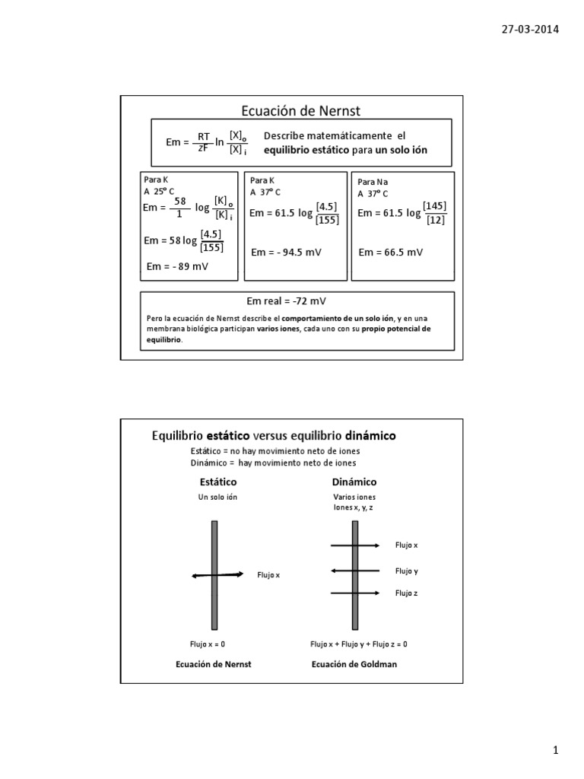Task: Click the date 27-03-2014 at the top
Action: [x=530, y=30]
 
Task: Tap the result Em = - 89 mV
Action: [x=177, y=266]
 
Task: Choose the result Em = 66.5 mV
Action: [x=390, y=253]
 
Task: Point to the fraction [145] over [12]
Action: [x=436, y=213]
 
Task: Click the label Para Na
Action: [x=372, y=183]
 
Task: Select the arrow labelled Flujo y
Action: [x=355, y=571]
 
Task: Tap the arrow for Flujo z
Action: [x=355, y=593]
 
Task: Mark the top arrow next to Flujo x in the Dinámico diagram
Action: [x=355, y=545]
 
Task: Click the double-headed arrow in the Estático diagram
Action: [x=217, y=575]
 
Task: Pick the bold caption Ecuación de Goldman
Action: [x=354, y=664]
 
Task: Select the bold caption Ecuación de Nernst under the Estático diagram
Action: [x=213, y=664]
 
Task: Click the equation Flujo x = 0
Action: [x=208, y=644]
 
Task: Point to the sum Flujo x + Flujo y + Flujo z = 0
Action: [x=358, y=644]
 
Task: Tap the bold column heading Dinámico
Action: [x=354, y=482]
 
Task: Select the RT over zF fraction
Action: [x=204, y=141]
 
